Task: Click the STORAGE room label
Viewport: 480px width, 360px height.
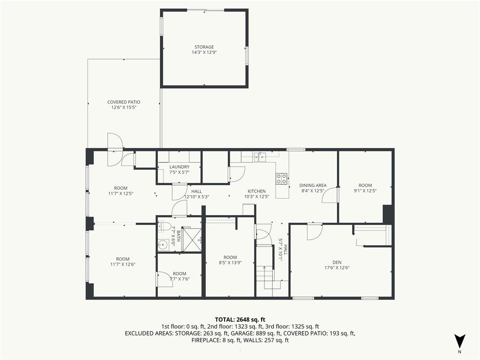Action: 204,47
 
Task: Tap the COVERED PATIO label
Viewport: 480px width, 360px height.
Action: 124,102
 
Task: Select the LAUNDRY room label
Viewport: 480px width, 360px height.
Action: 180,167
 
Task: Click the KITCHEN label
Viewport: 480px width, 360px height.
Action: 256,191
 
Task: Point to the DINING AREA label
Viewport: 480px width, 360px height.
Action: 313,185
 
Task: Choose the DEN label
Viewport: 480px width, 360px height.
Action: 337,262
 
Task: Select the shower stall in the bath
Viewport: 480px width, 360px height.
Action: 191,239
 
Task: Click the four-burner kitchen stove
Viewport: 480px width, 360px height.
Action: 282,179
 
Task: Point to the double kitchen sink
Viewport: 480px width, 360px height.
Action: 259,157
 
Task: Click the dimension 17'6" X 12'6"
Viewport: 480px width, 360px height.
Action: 337,268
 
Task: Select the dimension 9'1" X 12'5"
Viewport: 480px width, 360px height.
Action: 365,191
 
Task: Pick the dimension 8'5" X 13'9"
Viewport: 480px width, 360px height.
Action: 230,262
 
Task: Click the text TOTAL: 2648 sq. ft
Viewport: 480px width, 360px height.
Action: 240,320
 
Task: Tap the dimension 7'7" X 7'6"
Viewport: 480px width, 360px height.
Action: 180,279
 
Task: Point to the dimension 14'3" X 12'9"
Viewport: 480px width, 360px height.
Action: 204,52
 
